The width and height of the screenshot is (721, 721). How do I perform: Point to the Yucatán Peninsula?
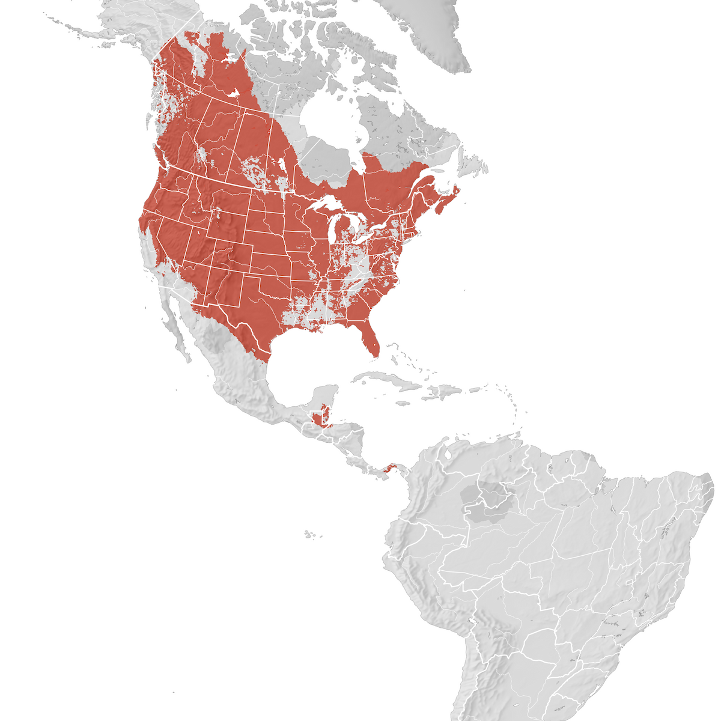click(x=327, y=397)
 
